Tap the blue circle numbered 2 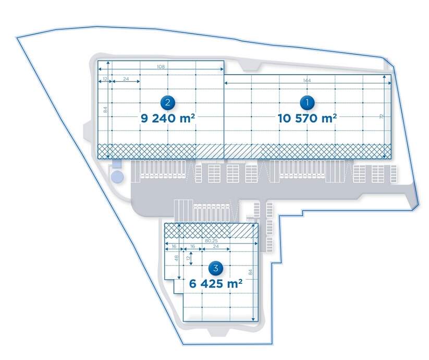pos(167,103)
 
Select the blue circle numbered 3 pos(214,269)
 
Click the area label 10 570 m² pos(307,118)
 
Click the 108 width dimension pos(161,67)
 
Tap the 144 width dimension pos(307,80)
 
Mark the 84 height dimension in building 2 pos(105,111)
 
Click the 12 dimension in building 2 pos(105,79)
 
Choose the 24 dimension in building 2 pos(125,79)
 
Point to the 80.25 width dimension pos(212,241)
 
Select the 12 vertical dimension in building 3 pos(189,258)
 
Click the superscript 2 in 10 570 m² pos(334,115)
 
